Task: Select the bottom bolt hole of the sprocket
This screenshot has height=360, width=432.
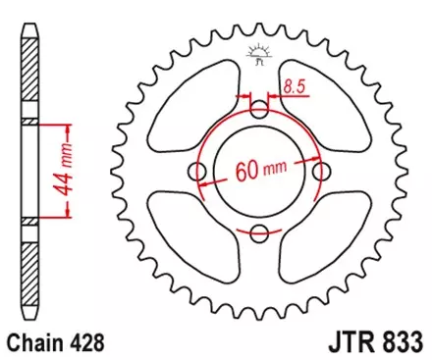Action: tap(259, 232)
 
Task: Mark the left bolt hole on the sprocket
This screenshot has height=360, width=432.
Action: tap(199, 172)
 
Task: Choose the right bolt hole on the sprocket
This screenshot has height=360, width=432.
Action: tap(320, 172)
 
